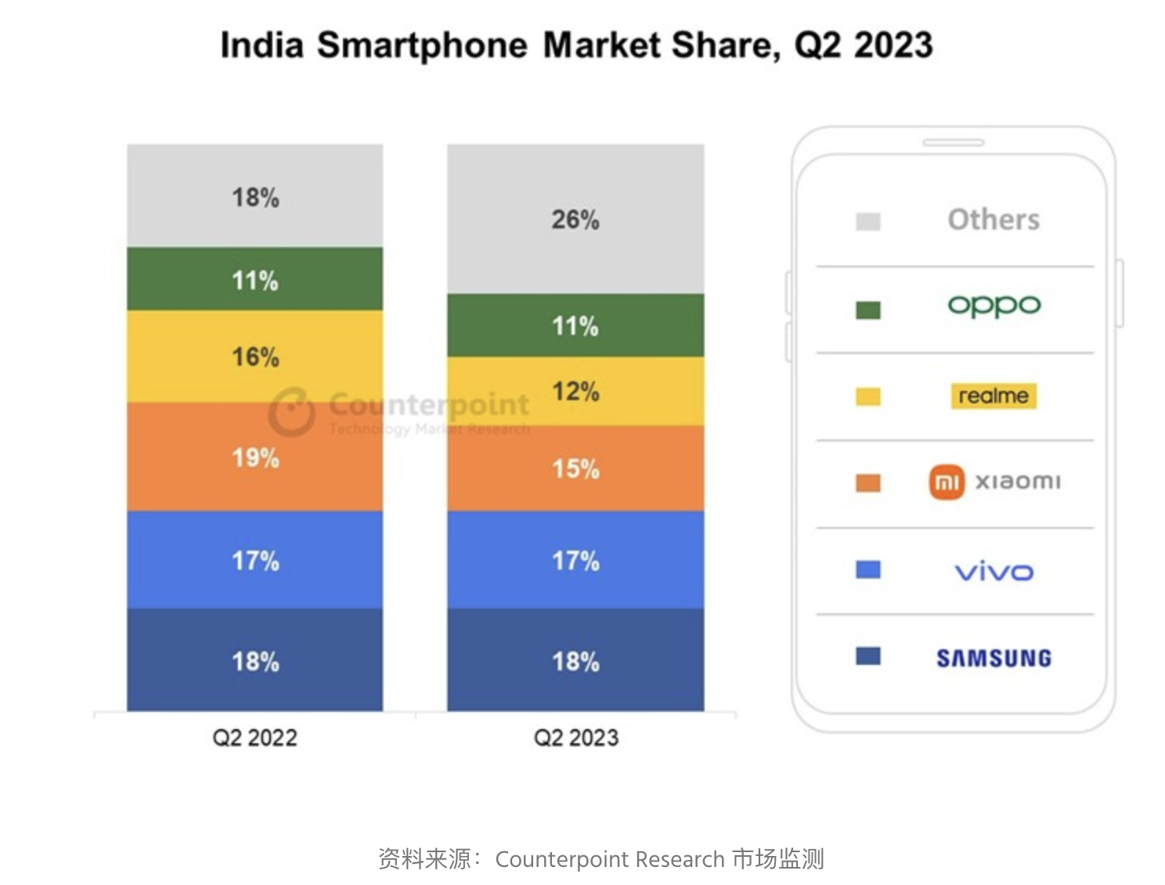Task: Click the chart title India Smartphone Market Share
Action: click(576, 45)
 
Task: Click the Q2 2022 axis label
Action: click(255, 738)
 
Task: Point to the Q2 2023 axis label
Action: click(575, 738)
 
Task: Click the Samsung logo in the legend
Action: click(994, 658)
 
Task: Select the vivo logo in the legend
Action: click(994, 572)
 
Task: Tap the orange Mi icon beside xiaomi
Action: click(947, 482)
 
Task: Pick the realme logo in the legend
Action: click(994, 396)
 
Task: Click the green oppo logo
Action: click(994, 305)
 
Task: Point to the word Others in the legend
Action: click(994, 219)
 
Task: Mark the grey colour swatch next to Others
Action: click(868, 222)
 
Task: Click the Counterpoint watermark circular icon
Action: click(291, 411)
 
